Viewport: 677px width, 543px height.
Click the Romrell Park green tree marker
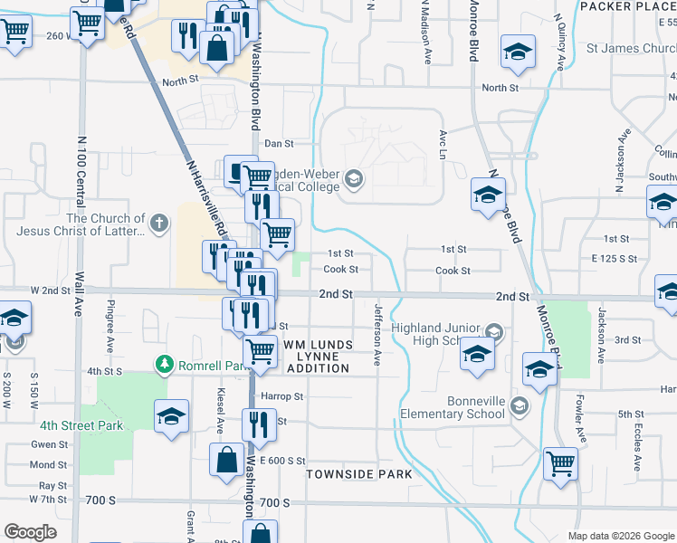pyautogui.click(x=164, y=364)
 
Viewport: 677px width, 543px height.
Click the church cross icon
pyautogui.click(x=159, y=223)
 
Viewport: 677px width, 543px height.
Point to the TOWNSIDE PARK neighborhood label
pyautogui.click(x=358, y=474)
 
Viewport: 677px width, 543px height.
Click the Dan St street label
pyautogui.click(x=279, y=143)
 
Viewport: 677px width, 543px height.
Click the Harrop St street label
pyautogui.click(x=281, y=396)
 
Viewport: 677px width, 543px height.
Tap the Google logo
pyautogui.click(x=30, y=532)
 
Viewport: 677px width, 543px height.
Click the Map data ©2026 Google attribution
pyautogui.click(x=620, y=536)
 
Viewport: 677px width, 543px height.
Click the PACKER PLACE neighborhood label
pyautogui.click(x=627, y=6)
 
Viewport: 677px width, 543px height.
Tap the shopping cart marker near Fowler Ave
pyautogui.click(x=561, y=463)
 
